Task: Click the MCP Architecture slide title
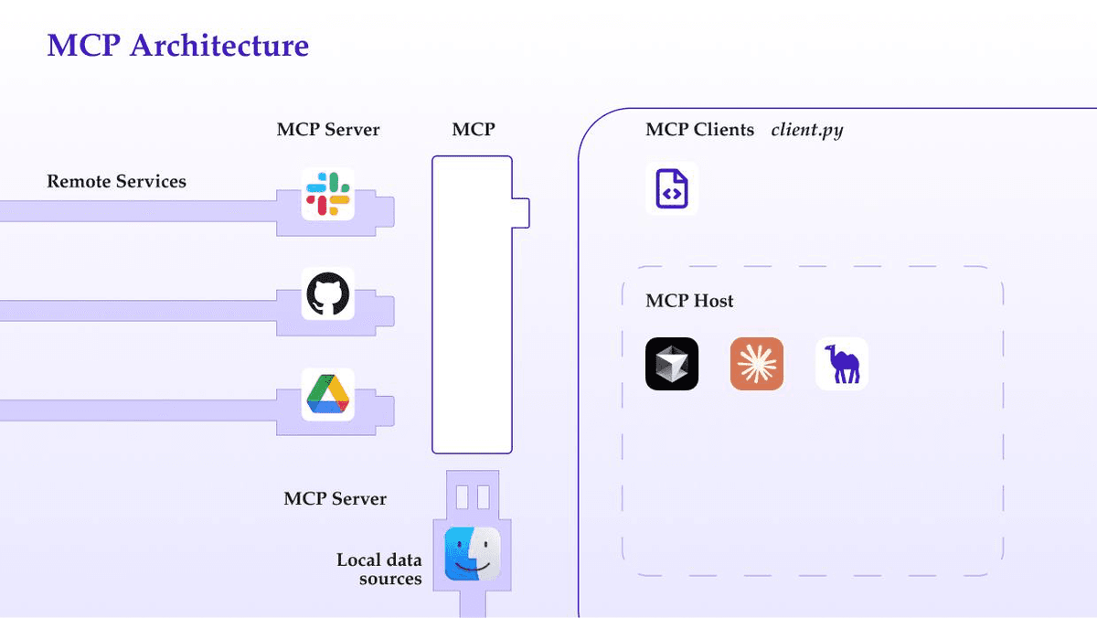coord(177,45)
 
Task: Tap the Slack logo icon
coord(327,195)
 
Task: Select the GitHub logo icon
coord(327,293)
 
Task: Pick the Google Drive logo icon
coord(327,394)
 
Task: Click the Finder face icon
coord(473,554)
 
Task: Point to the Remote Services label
coord(116,181)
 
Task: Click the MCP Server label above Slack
coord(327,130)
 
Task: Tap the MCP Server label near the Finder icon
coord(335,499)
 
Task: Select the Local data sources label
coord(378,569)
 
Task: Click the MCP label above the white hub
coord(473,130)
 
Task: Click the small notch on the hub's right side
coord(520,212)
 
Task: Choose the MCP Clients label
coord(699,130)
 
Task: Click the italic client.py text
coord(806,130)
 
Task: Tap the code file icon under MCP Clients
coord(672,189)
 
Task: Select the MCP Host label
coord(689,301)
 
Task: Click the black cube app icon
coord(672,364)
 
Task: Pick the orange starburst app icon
coord(757,364)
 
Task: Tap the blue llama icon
coord(841,364)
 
